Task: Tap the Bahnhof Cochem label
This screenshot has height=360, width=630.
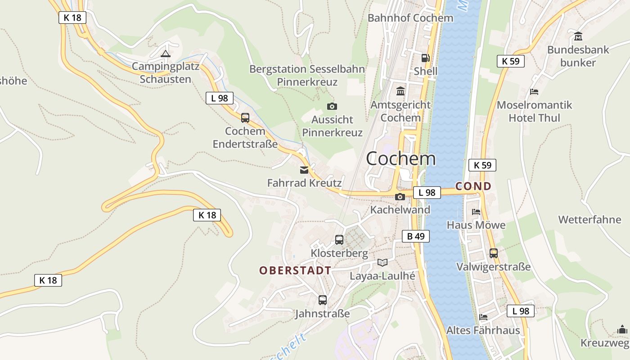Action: point(410,18)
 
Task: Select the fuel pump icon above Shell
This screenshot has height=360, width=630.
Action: point(425,58)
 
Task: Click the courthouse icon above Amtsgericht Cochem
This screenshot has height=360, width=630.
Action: point(400,91)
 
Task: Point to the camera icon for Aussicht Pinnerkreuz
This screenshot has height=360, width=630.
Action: point(332,106)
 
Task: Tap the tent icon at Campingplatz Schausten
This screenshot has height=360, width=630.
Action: point(166,54)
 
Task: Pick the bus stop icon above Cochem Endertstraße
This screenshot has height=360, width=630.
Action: point(245,118)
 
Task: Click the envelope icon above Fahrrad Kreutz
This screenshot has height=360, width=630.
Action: point(304,170)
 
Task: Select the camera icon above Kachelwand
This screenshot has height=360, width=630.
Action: point(400,197)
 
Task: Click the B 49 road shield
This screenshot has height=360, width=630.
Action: point(415,236)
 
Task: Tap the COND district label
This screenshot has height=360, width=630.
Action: point(473,186)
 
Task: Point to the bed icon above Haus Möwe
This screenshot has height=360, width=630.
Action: point(476,211)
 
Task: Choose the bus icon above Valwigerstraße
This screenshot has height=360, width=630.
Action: point(494,253)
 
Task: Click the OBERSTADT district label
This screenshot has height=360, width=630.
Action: point(295,270)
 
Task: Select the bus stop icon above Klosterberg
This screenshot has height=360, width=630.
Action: point(339,240)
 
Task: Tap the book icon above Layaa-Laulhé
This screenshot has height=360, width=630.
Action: point(382,262)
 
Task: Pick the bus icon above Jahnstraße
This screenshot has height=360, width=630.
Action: point(323,300)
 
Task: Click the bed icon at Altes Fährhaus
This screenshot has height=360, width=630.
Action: point(483,317)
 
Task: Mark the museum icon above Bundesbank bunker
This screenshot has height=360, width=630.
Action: point(578,36)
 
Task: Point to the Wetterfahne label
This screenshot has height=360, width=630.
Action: point(589,220)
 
